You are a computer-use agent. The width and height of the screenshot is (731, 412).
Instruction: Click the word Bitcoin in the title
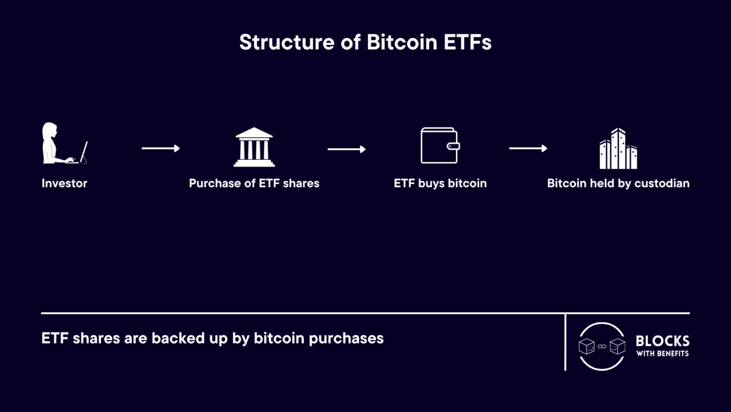(402, 42)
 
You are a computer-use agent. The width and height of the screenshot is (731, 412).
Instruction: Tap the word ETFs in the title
(467, 42)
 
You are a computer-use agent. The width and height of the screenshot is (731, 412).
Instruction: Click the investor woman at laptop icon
(65, 143)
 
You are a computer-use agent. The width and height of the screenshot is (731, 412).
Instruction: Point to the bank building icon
(254, 147)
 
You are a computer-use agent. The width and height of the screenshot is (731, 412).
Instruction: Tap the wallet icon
(440, 145)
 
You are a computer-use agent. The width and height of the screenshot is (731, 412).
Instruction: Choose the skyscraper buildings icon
(618, 148)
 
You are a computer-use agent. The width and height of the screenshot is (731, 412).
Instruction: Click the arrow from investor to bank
(161, 148)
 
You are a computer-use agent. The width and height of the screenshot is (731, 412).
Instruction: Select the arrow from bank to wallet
(347, 149)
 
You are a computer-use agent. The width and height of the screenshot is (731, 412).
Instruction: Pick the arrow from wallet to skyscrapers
(528, 148)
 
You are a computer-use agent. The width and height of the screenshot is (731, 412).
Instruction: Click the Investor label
(64, 183)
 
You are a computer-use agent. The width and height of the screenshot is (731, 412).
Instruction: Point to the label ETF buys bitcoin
(440, 184)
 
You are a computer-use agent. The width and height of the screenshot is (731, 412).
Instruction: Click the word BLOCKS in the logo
(663, 341)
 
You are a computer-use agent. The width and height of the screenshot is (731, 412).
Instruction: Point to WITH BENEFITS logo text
(663, 354)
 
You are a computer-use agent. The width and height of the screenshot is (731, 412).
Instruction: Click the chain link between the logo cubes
(602, 346)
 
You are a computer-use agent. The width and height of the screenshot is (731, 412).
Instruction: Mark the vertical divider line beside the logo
(565, 342)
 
